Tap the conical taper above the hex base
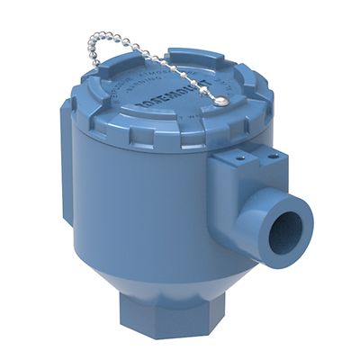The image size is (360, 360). pos(162,274)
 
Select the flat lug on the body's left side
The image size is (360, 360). pos(67,162)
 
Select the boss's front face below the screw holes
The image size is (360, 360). pos(234,184)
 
